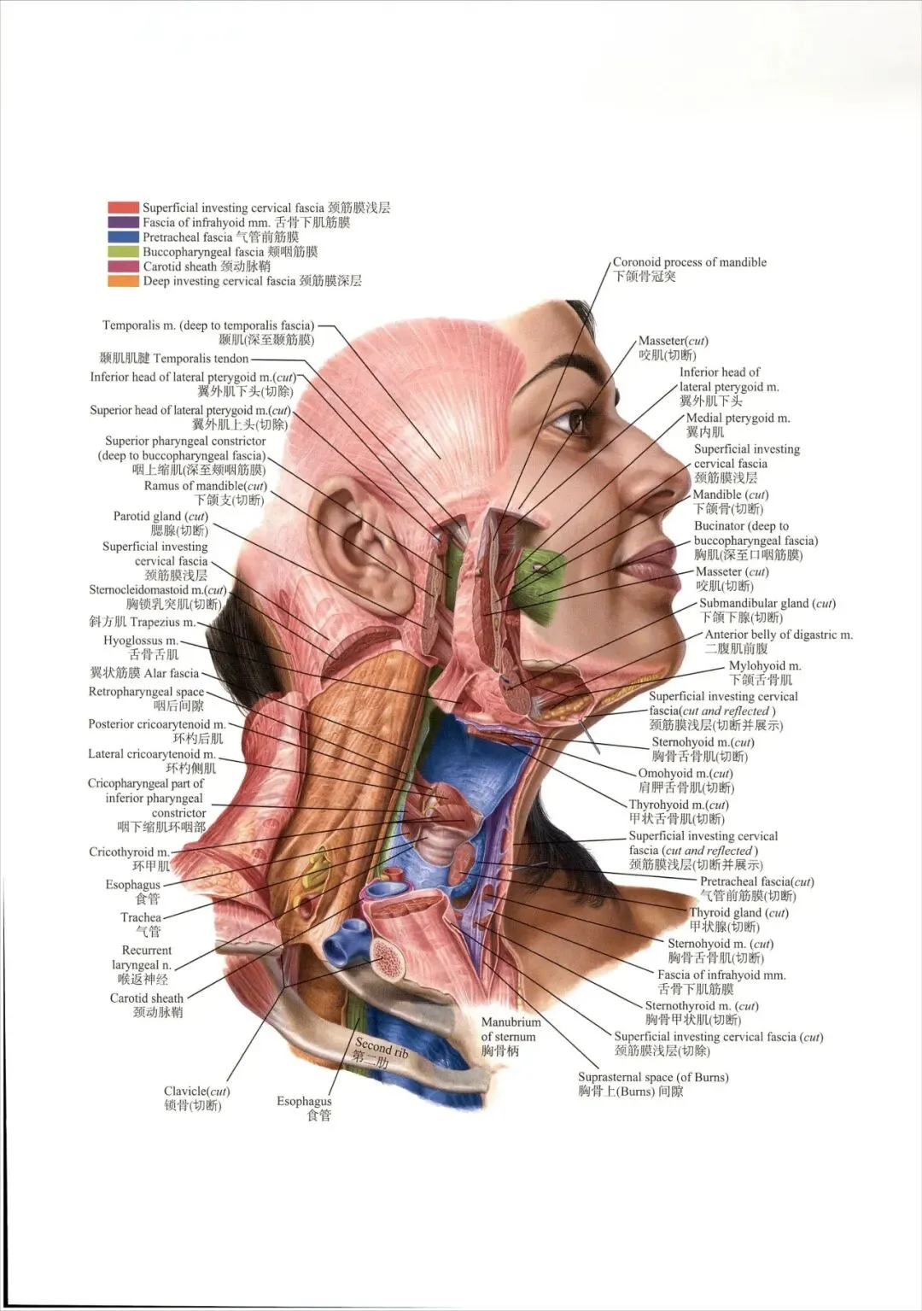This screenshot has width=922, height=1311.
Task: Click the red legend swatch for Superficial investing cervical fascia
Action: [123, 208]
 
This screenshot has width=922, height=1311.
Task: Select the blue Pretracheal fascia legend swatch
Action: [123, 237]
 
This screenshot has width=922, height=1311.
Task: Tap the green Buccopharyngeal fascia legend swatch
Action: [123, 252]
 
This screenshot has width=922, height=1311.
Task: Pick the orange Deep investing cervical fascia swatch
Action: [123, 281]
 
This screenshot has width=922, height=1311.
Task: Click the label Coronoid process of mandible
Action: [689, 263]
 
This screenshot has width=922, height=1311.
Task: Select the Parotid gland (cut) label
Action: [160, 517]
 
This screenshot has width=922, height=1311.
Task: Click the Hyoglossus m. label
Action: [141, 641]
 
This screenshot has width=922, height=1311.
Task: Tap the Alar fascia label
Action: [144, 673]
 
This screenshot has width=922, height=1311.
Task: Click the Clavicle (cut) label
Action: [196, 1092]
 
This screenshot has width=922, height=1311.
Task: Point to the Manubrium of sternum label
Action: [510, 1029]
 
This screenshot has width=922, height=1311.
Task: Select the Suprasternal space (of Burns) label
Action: [653, 1078]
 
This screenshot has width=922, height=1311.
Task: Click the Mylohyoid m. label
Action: [764, 666]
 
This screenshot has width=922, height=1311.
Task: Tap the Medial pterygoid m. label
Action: [738, 418]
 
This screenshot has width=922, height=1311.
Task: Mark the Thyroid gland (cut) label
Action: [738, 913]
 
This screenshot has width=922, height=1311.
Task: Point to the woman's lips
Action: [651, 559]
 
